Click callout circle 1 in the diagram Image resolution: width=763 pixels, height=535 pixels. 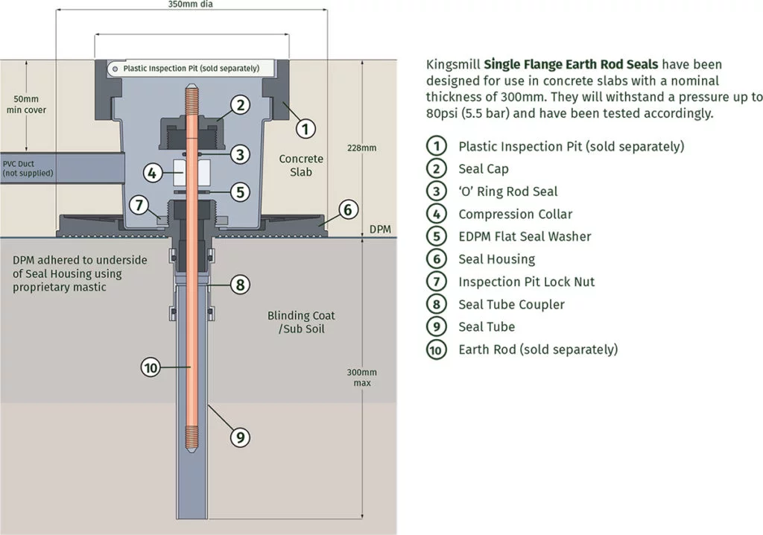click(x=303, y=128)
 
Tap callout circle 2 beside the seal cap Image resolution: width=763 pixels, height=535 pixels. click(x=239, y=104)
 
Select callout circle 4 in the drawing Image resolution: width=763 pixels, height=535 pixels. click(x=152, y=173)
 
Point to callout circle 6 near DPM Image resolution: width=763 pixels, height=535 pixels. click(x=347, y=209)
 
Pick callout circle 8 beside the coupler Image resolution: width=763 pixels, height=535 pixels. click(x=238, y=284)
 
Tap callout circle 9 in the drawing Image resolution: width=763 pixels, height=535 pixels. click(x=238, y=437)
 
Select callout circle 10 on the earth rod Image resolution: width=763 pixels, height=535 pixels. click(x=151, y=367)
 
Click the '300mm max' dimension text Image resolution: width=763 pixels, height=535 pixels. click(x=362, y=377)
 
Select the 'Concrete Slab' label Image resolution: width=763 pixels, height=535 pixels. click(x=301, y=165)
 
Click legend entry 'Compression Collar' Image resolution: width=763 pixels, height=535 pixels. click(x=515, y=214)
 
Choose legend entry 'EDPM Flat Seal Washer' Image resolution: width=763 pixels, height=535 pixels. click(x=525, y=236)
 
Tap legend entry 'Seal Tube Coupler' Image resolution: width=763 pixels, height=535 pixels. click(x=511, y=304)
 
